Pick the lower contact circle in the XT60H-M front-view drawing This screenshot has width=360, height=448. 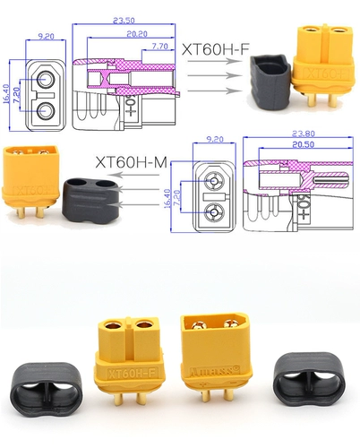pyautogui.click(x=213, y=212)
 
